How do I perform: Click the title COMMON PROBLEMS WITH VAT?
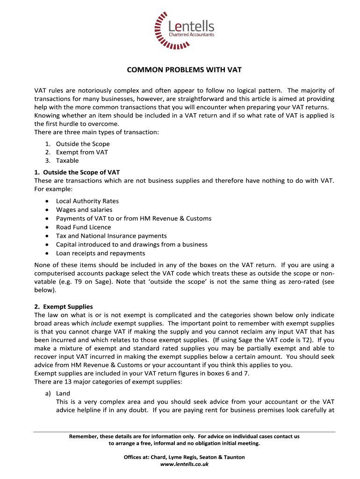click(x=184, y=70)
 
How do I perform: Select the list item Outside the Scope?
click(x=83, y=144)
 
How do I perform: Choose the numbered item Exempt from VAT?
click(x=82, y=152)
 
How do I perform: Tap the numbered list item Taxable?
click(x=67, y=161)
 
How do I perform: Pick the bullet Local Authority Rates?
click(x=87, y=202)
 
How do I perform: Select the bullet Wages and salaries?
click(x=84, y=210)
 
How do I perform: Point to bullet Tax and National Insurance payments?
click(x=111, y=236)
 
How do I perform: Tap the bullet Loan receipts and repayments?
click(x=101, y=253)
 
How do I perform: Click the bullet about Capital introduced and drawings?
click(x=131, y=245)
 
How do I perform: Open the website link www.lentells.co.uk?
click(x=184, y=464)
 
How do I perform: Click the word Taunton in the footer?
click(x=234, y=457)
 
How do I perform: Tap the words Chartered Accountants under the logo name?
click(x=191, y=35)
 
